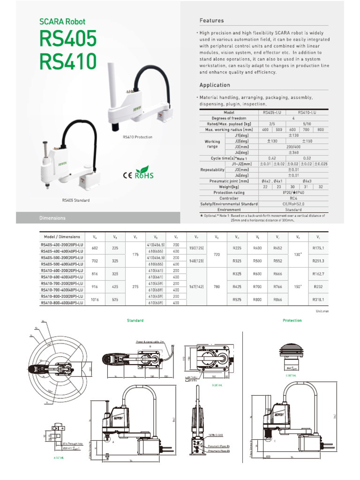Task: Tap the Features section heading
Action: [211, 21]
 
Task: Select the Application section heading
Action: [215, 85]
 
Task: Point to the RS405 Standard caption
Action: [75, 200]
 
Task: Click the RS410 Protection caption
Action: [137, 137]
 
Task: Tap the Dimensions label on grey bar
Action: [52, 218]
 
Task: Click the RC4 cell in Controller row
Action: [293, 198]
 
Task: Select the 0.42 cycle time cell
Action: [272, 158]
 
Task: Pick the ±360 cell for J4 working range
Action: [293, 152]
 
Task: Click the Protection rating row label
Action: [229, 193]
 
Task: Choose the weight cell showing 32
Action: [321, 187]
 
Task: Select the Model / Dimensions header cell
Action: [62, 237]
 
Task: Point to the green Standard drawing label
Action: [135, 320]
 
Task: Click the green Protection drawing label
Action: [292, 320]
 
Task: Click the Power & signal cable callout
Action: [150, 342]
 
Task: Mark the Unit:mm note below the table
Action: [323, 311]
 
